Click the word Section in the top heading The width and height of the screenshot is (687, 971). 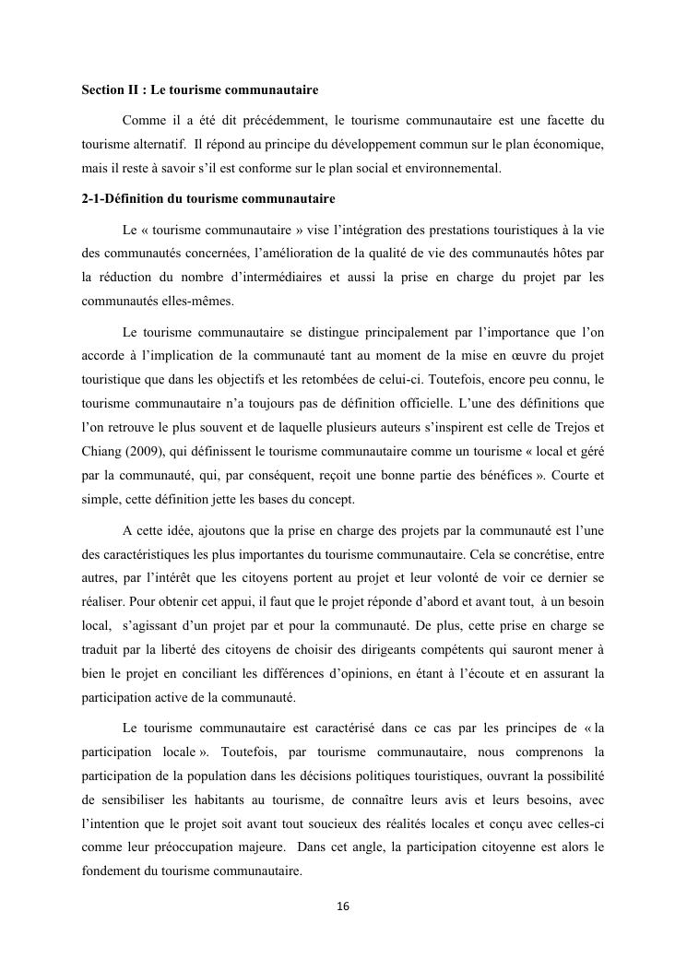pyautogui.click(x=101, y=91)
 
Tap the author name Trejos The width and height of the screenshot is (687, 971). pyautogui.click(x=571, y=427)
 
